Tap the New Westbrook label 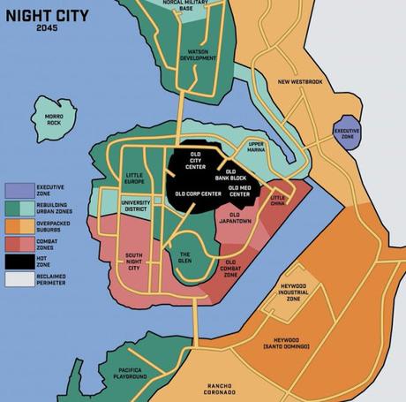pos(301,83)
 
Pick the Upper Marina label pos(256,148)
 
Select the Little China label pos(278,201)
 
